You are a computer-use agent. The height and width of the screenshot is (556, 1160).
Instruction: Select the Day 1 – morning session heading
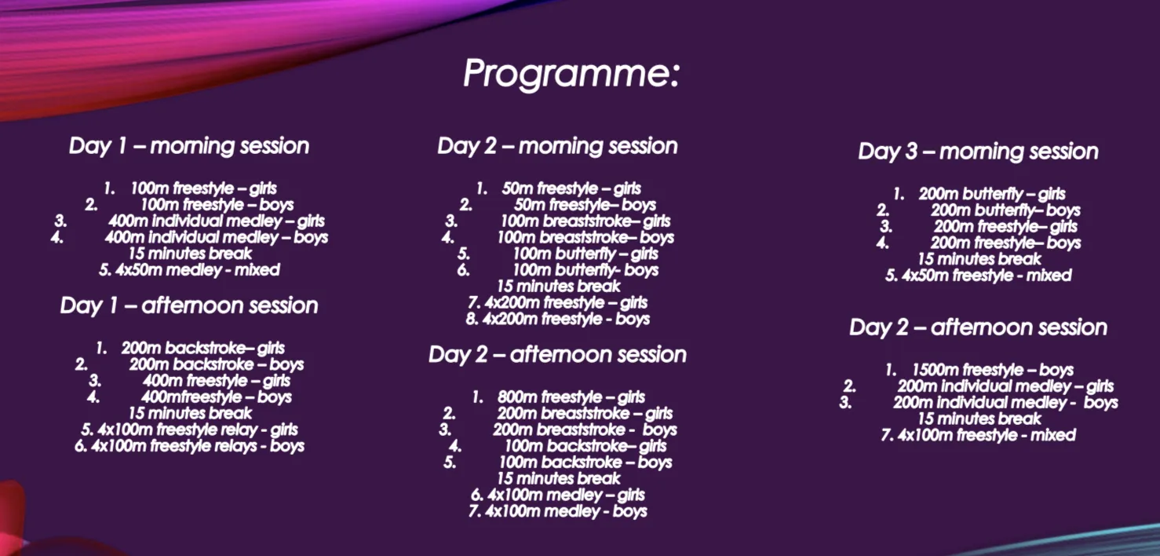click(x=189, y=146)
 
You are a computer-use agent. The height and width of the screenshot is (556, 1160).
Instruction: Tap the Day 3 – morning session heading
click(x=978, y=152)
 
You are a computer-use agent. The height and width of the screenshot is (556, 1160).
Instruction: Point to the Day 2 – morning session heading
click(x=557, y=146)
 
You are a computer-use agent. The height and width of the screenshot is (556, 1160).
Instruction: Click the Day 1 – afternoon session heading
click(x=189, y=305)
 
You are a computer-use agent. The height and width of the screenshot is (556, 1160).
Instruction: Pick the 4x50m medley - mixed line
click(x=189, y=270)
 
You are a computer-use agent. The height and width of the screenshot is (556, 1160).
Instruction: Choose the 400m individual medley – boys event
click(x=216, y=237)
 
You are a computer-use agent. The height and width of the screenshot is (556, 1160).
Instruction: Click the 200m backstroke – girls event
click(x=202, y=348)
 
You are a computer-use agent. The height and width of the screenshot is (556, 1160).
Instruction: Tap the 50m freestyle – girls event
click(x=571, y=188)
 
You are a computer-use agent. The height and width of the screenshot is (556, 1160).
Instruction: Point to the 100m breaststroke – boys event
click(x=585, y=237)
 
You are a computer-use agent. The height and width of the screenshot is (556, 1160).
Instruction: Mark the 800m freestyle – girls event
click(x=571, y=397)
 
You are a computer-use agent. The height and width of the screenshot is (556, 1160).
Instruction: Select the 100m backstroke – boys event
click(x=585, y=463)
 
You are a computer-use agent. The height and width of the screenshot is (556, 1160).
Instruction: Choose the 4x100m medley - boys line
click(x=557, y=511)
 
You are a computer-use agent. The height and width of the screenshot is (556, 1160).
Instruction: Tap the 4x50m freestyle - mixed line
click(x=978, y=276)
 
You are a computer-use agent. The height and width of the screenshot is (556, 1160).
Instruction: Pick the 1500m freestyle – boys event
click(x=991, y=370)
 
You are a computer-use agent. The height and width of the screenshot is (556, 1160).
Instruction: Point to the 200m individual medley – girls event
click(x=1005, y=386)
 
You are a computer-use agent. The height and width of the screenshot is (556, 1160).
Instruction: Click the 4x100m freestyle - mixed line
click(x=978, y=435)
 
